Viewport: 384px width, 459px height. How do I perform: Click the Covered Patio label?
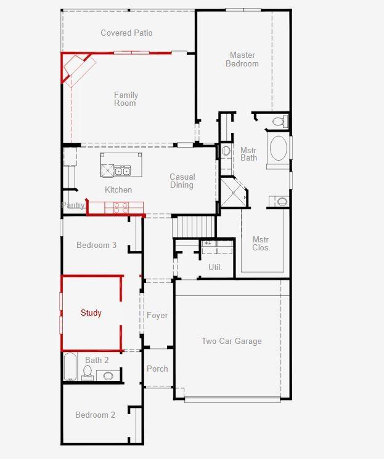point(126,33)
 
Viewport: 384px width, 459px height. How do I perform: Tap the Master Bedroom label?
point(242,59)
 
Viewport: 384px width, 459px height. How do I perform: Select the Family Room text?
point(126,99)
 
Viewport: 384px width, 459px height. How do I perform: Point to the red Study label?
point(91,313)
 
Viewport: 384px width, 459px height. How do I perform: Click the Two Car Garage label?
point(232,341)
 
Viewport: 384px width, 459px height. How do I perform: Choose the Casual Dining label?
point(182,181)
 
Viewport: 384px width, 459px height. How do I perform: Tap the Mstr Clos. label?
point(261,244)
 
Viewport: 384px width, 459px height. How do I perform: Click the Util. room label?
point(215,267)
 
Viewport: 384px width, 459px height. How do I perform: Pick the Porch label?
point(157,369)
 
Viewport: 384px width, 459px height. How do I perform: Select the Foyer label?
point(157,315)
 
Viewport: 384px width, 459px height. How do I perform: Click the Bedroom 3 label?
point(96,245)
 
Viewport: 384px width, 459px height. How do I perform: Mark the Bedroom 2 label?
point(95,415)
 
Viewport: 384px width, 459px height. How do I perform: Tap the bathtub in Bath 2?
point(70,367)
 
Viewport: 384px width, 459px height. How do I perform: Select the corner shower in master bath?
point(234,192)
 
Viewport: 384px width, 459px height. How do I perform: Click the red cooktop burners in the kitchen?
point(121,208)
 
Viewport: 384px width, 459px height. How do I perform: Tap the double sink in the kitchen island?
point(122,170)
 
